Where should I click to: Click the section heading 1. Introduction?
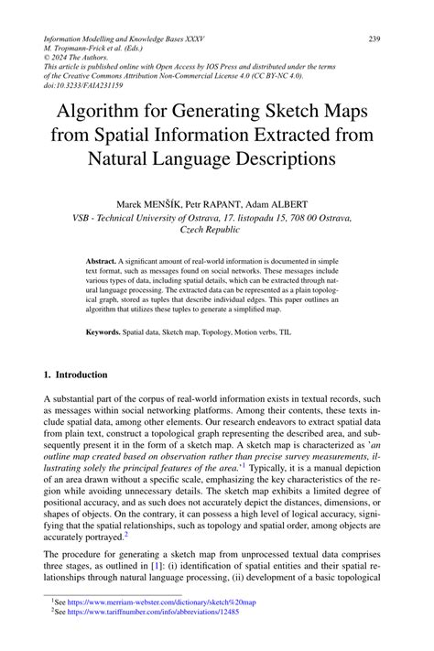click(x=76, y=374)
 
